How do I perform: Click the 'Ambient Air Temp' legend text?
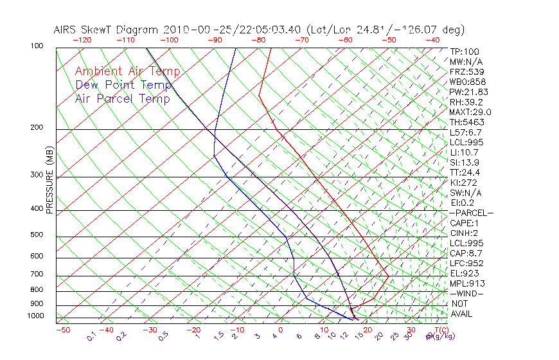127,71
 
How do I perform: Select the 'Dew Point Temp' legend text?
123,85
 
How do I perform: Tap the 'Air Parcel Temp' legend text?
122,98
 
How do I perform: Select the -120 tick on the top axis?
82,40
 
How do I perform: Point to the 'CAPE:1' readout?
466,223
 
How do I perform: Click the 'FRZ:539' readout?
466,71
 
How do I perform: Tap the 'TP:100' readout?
465,51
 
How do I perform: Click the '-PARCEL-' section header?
471,213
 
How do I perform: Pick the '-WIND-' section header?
467,293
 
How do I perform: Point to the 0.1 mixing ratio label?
91,336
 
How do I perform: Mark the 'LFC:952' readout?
466,264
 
